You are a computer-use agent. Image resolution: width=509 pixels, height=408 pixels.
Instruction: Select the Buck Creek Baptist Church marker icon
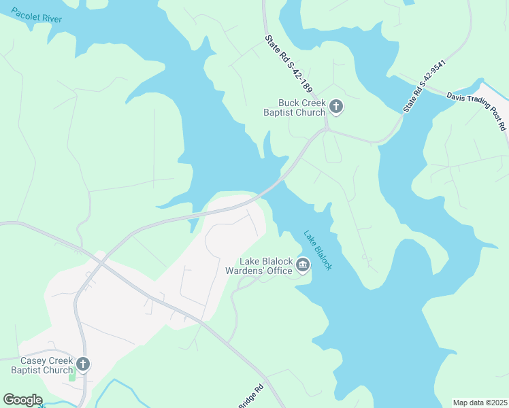point(335,106)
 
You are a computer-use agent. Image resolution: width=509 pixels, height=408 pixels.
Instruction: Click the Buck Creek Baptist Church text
point(294,107)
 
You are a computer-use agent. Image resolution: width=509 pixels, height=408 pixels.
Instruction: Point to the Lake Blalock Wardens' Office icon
point(303,265)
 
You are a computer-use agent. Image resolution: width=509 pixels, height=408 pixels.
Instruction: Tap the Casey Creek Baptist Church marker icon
point(82,365)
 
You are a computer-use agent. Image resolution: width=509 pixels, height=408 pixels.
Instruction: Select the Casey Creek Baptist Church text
point(42,365)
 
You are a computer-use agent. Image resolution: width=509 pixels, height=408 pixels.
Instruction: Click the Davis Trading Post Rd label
point(477,111)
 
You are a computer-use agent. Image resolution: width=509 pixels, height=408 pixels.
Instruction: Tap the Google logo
point(22,400)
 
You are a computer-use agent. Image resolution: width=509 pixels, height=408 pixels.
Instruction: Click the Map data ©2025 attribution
point(479,403)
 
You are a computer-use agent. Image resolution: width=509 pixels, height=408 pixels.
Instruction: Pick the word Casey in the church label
point(32,360)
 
